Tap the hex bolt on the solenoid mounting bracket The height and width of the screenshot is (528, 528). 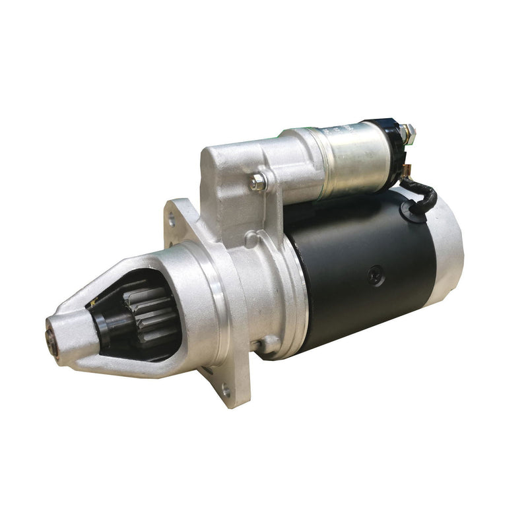[x=259, y=181]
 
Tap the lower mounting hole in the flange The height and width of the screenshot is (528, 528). [x=226, y=391]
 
